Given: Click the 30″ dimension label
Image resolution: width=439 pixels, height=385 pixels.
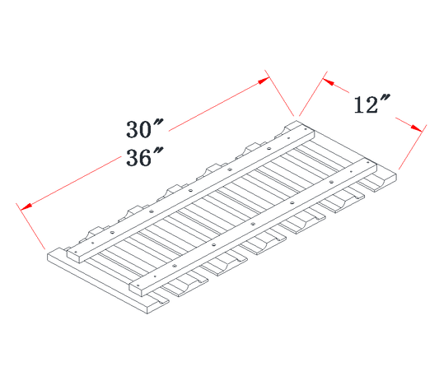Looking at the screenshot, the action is pyautogui.click(x=144, y=128).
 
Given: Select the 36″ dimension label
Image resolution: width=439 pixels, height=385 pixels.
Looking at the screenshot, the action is pyautogui.click(x=144, y=156).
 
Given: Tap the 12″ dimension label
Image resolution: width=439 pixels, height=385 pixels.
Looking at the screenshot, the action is pyautogui.click(x=371, y=104).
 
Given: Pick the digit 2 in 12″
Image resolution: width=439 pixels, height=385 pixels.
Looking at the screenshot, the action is pyautogui.click(x=372, y=105).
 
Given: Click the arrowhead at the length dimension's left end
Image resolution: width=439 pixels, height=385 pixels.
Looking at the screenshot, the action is pyautogui.click(x=26, y=206).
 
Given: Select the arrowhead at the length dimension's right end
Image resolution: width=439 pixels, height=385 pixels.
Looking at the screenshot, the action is pyautogui.click(x=264, y=81).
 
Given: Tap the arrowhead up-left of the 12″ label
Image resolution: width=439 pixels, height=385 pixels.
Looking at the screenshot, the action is pyautogui.click(x=329, y=82).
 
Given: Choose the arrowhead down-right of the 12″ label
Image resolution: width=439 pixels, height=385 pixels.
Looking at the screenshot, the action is pyautogui.click(x=416, y=128).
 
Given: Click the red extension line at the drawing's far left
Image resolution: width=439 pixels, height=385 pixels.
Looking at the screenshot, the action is pyautogui.click(x=30, y=226).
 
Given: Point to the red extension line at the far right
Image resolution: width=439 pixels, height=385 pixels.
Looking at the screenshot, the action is pyautogui.click(x=413, y=146).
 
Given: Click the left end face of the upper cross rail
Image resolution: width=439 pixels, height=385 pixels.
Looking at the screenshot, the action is pyautogui.click(x=73, y=257).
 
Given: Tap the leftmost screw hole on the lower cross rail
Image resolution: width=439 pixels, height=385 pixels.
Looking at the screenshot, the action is pyautogui.click(x=138, y=285).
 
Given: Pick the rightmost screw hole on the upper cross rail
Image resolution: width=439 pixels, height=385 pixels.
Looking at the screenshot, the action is pyautogui.click(x=306, y=129).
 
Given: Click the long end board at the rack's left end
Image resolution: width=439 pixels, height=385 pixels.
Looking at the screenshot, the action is pyautogui.click(x=108, y=281).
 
